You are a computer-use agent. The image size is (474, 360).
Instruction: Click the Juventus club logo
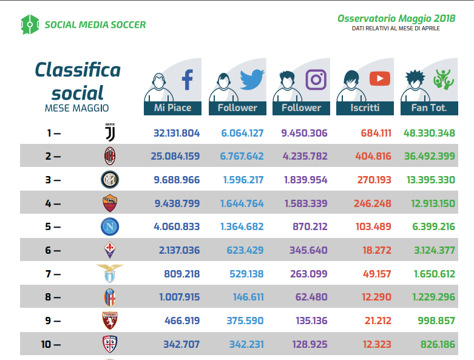click(x=110, y=132)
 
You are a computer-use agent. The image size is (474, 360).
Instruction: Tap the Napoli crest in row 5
click(x=110, y=226)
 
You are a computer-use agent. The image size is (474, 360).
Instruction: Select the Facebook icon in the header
click(x=188, y=80)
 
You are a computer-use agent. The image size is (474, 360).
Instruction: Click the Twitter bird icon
click(x=252, y=80)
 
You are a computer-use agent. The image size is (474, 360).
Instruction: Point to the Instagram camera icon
click(x=316, y=80)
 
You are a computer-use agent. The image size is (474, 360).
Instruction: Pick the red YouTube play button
click(x=380, y=78)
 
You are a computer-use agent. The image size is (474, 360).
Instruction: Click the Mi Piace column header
click(x=172, y=108)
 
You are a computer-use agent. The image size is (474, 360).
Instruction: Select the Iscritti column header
click(x=365, y=108)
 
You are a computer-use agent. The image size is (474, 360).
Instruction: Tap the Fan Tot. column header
click(x=429, y=108)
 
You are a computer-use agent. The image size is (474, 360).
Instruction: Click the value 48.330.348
click(x=429, y=133)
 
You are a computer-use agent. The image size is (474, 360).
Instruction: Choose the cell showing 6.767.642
click(x=242, y=156)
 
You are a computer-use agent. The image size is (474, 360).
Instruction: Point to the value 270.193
click(x=374, y=180)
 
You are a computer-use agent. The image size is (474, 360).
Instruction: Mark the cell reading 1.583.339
click(x=306, y=203)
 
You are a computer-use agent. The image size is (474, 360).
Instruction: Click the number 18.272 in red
click(x=377, y=250)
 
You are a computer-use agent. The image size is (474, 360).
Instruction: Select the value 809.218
click(x=181, y=274)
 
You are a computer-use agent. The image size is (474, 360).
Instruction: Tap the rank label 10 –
click(x=51, y=344)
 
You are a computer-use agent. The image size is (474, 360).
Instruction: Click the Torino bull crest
click(x=110, y=321)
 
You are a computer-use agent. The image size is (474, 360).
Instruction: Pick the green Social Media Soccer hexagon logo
click(x=30, y=24)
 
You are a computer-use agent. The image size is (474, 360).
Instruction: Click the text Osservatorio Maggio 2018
click(x=396, y=18)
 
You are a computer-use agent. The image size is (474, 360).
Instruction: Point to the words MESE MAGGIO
click(x=77, y=108)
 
